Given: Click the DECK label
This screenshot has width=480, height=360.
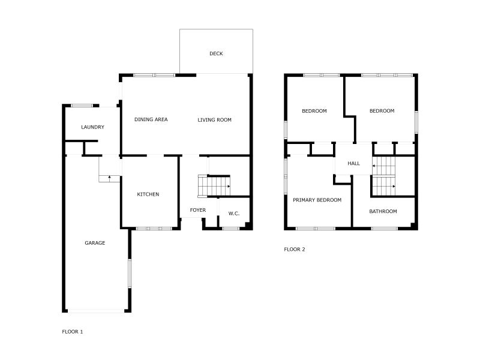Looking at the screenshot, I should pyautogui.click(x=216, y=54).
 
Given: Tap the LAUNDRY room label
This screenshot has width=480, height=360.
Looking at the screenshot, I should pyautogui.click(x=93, y=127).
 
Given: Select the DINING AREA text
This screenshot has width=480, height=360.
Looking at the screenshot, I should pyautogui.click(x=151, y=120).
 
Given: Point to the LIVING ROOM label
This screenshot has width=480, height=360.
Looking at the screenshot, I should pyautogui.click(x=214, y=120).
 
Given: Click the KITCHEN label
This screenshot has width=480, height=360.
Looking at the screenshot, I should pyautogui.click(x=148, y=194).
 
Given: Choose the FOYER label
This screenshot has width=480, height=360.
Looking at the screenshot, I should pyautogui.click(x=198, y=211).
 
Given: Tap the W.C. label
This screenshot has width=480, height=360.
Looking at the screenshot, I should pyautogui.click(x=234, y=214).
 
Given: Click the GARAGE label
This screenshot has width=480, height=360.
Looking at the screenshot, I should pyautogui.click(x=95, y=243).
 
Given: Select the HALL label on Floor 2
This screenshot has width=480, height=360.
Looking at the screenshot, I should pyautogui.click(x=354, y=163).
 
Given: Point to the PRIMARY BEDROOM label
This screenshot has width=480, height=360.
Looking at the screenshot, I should pyautogui.click(x=317, y=200).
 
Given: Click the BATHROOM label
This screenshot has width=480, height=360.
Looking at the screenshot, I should pyautogui.click(x=383, y=211).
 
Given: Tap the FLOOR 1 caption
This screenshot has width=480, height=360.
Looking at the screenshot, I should pyautogui.click(x=73, y=331).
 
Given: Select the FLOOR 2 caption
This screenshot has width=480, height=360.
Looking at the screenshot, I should pyautogui.click(x=295, y=249).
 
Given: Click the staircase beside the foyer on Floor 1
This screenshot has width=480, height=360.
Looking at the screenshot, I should pyautogui.click(x=215, y=186).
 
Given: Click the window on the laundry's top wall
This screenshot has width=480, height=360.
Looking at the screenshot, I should pyautogui.click(x=82, y=106).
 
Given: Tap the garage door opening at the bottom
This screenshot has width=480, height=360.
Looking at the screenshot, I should pyautogui.click(x=95, y=311).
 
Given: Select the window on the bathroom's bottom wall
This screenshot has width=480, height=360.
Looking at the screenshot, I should pyautogui.click(x=384, y=229).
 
